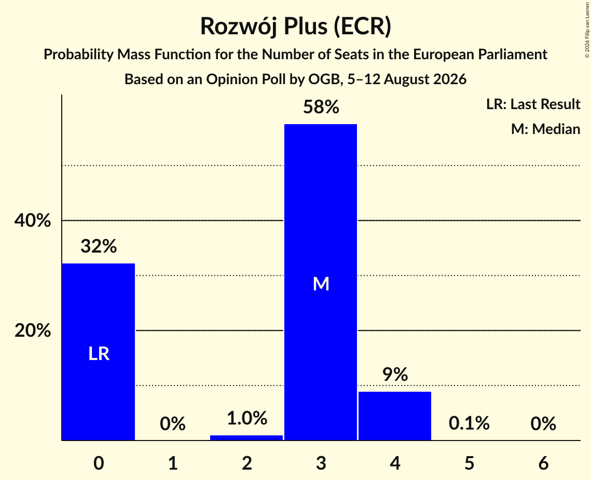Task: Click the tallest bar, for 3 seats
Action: coord(320,282)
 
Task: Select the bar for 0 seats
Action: coord(99,352)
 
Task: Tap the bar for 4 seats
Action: coord(395,416)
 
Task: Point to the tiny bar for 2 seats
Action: coord(246,438)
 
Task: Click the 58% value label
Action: coord(321,107)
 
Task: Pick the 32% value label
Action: coord(99,246)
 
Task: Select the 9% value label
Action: coord(395,375)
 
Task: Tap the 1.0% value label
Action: coord(247,418)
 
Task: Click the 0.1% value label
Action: coord(469,423)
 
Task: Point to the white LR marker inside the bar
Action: coord(99,354)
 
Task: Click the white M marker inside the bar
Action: coord(321,284)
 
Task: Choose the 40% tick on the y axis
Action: coord(33,220)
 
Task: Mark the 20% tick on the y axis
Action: coord(33,330)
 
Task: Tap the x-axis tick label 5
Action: coord(469,463)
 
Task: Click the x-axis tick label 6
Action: coord(543,463)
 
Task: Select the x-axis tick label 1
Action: coord(173,463)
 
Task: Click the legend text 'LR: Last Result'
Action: coord(533,104)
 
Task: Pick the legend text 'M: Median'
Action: coord(545,129)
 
